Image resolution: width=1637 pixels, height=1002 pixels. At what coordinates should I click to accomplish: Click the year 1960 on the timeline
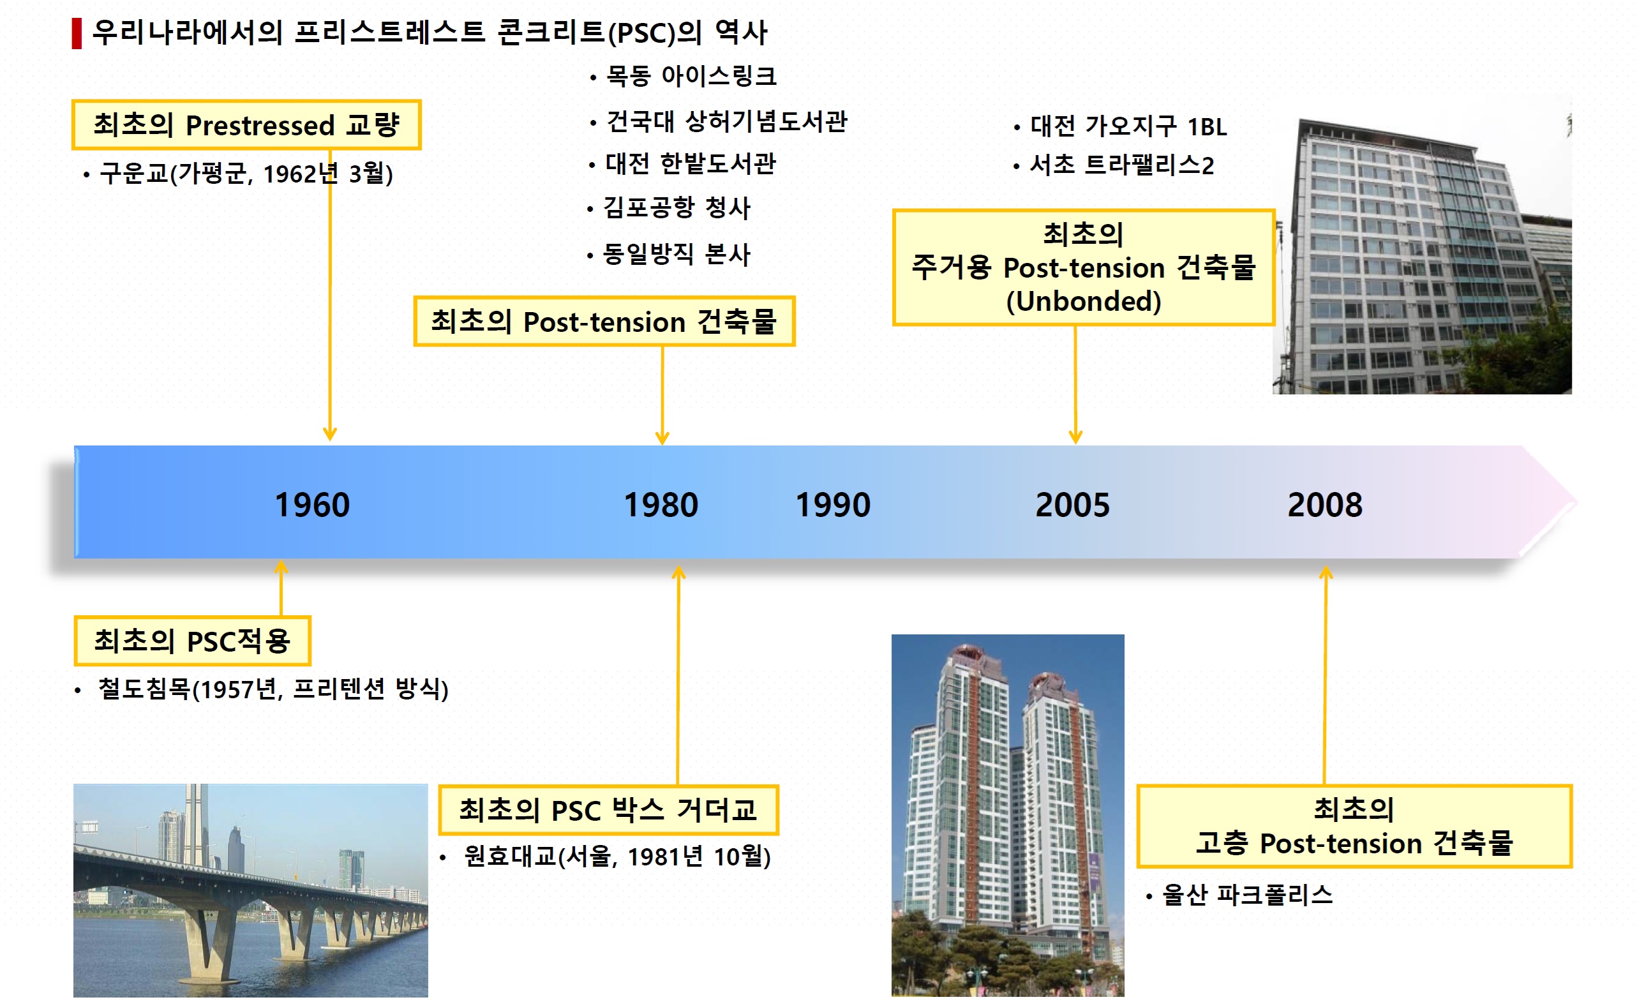[x=312, y=505]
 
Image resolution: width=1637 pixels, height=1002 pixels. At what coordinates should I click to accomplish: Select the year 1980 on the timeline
[x=661, y=505]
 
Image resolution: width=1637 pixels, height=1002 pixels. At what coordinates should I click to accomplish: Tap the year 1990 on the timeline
[x=833, y=505]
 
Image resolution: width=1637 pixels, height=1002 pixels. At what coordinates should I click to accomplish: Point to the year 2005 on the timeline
[x=1072, y=505]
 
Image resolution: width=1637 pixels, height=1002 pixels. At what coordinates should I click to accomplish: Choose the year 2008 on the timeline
[x=1325, y=505]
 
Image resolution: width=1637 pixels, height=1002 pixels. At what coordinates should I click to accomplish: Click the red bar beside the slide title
[x=77, y=33]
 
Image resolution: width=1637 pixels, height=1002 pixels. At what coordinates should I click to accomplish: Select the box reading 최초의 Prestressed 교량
[x=246, y=125]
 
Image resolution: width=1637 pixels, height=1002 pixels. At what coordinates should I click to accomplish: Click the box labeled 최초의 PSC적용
[x=192, y=641]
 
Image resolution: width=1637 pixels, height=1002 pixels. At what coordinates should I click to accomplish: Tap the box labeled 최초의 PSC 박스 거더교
[x=608, y=810]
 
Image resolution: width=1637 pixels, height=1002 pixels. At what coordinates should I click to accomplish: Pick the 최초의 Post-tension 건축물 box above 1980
[x=604, y=322]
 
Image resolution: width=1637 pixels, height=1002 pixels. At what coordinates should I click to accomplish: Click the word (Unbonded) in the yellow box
[x=1084, y=301]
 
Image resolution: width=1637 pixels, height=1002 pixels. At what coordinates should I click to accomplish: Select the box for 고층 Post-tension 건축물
[x=1354, y=826]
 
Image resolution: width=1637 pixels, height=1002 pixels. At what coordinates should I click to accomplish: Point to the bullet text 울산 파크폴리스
[x=1247, y=895]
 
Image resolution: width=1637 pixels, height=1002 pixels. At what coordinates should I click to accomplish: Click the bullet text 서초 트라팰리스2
[x=1121, y=165]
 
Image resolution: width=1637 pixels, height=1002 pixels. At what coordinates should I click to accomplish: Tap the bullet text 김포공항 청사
[x=676, y=207]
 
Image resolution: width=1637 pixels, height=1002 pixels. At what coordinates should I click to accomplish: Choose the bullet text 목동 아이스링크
[x=691, y=76]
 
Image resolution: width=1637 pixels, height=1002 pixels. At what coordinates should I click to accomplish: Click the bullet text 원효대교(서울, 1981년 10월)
[x=617, y=856]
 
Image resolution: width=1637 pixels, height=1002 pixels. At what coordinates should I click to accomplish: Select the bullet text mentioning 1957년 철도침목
[x=273, y=689]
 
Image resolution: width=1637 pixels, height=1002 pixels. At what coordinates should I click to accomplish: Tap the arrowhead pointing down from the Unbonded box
[x=1075, y=437]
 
